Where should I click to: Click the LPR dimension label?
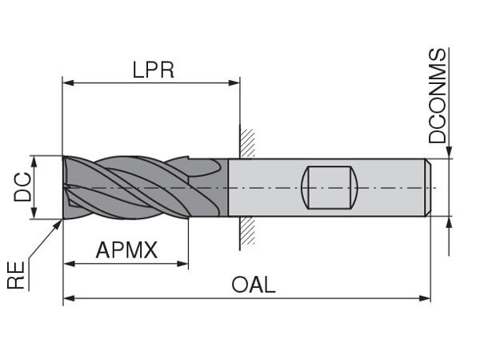tap(153, 70)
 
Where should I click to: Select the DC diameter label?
tap(24, 186)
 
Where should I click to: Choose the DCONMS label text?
tap(438, 95)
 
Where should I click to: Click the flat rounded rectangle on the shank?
tap(329, 186)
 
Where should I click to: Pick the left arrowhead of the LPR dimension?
tap(68, 82)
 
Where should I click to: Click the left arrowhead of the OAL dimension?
tap(68, 299)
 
